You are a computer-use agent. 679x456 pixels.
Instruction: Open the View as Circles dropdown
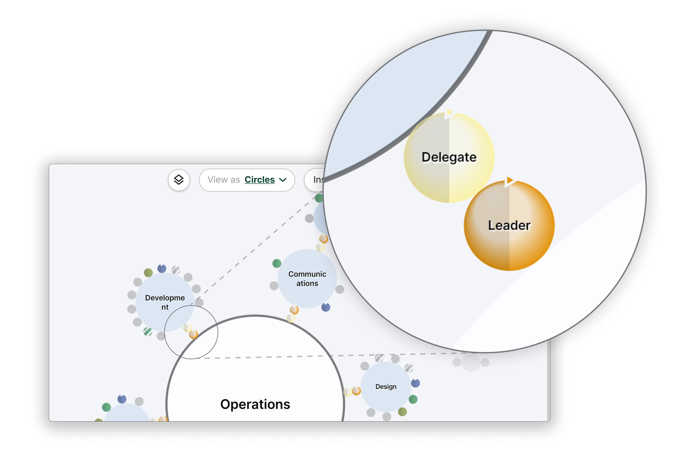click(x=246, y=180)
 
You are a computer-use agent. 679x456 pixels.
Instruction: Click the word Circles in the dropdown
click(x=259, y=180)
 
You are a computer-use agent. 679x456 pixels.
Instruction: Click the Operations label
click(x=255, y=404)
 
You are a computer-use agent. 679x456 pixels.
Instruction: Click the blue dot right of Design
click(x=415, y=383)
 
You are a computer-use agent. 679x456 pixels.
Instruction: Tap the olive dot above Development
click(x=148, y=273)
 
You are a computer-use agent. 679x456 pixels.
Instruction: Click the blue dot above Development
click(x=162, y=268)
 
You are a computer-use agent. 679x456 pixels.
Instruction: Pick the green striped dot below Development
click(x=148, y=332)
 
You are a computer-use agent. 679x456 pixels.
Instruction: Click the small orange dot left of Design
click(x=356, y=391)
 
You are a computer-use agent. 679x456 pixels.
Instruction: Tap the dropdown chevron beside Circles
click(x=283, y=180)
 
